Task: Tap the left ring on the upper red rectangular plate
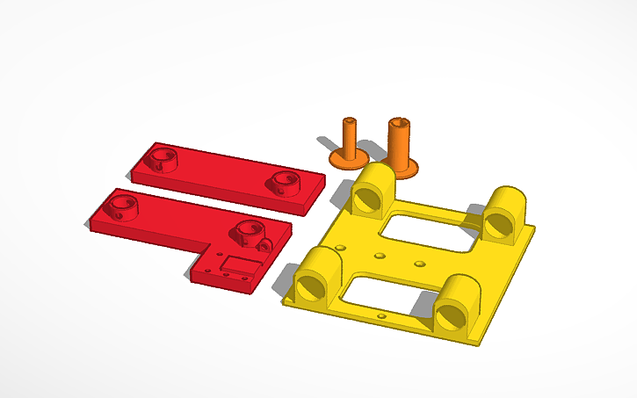161,159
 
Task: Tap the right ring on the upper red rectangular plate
283,182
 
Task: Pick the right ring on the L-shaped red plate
247,234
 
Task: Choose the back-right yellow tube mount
504,213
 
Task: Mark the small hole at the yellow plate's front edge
380,314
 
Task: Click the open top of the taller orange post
400,122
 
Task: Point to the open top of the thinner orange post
350,119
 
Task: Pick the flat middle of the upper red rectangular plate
224,175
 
